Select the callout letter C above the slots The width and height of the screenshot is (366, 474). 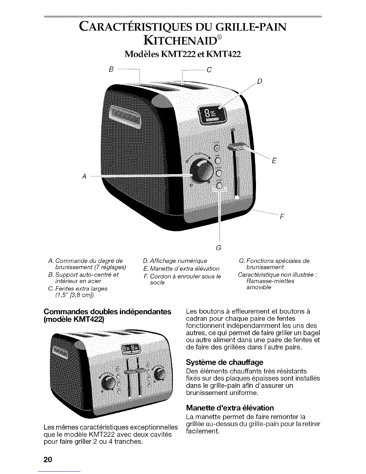209,70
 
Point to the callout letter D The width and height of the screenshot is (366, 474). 260,80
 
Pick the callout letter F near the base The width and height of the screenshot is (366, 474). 281,218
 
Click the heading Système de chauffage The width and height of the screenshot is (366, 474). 225,362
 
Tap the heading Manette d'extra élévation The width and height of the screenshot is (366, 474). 230,408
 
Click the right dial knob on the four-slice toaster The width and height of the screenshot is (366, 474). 159,373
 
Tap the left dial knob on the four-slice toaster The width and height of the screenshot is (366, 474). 107,382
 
